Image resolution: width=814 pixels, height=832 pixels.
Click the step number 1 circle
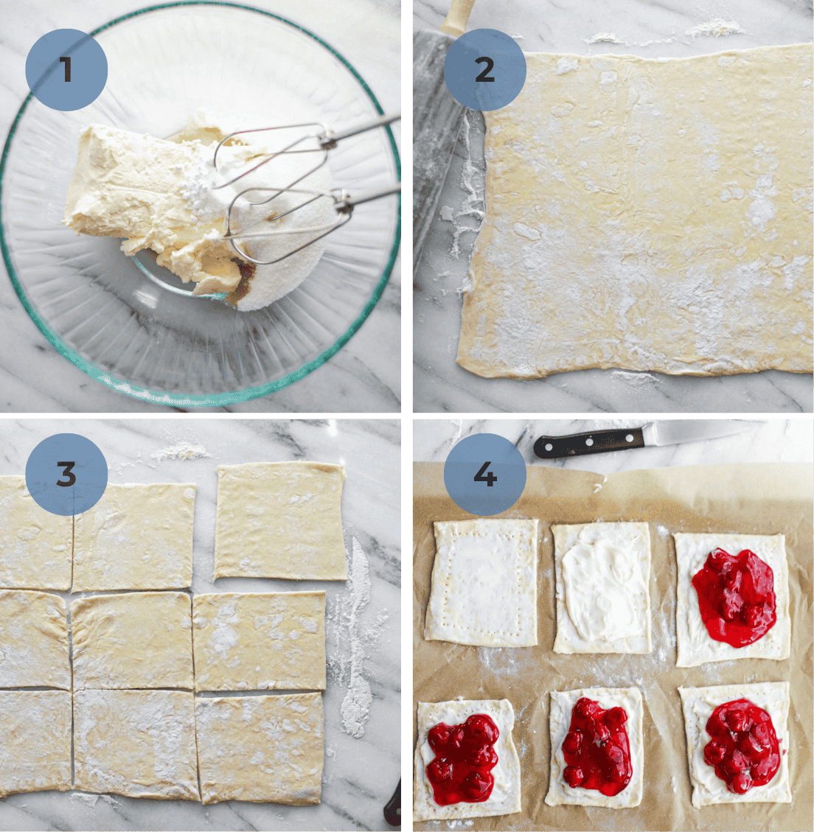(x=66, y=71)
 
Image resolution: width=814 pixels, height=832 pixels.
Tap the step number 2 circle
(x=484, y=71)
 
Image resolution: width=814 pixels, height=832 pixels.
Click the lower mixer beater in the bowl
(x=288, y=221)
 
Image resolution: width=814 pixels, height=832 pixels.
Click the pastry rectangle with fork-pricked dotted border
(x=482, y=581)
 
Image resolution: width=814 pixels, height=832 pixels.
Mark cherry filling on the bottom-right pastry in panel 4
(x=740, y=744)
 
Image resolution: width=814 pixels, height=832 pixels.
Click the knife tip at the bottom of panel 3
(x=394, y=807)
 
